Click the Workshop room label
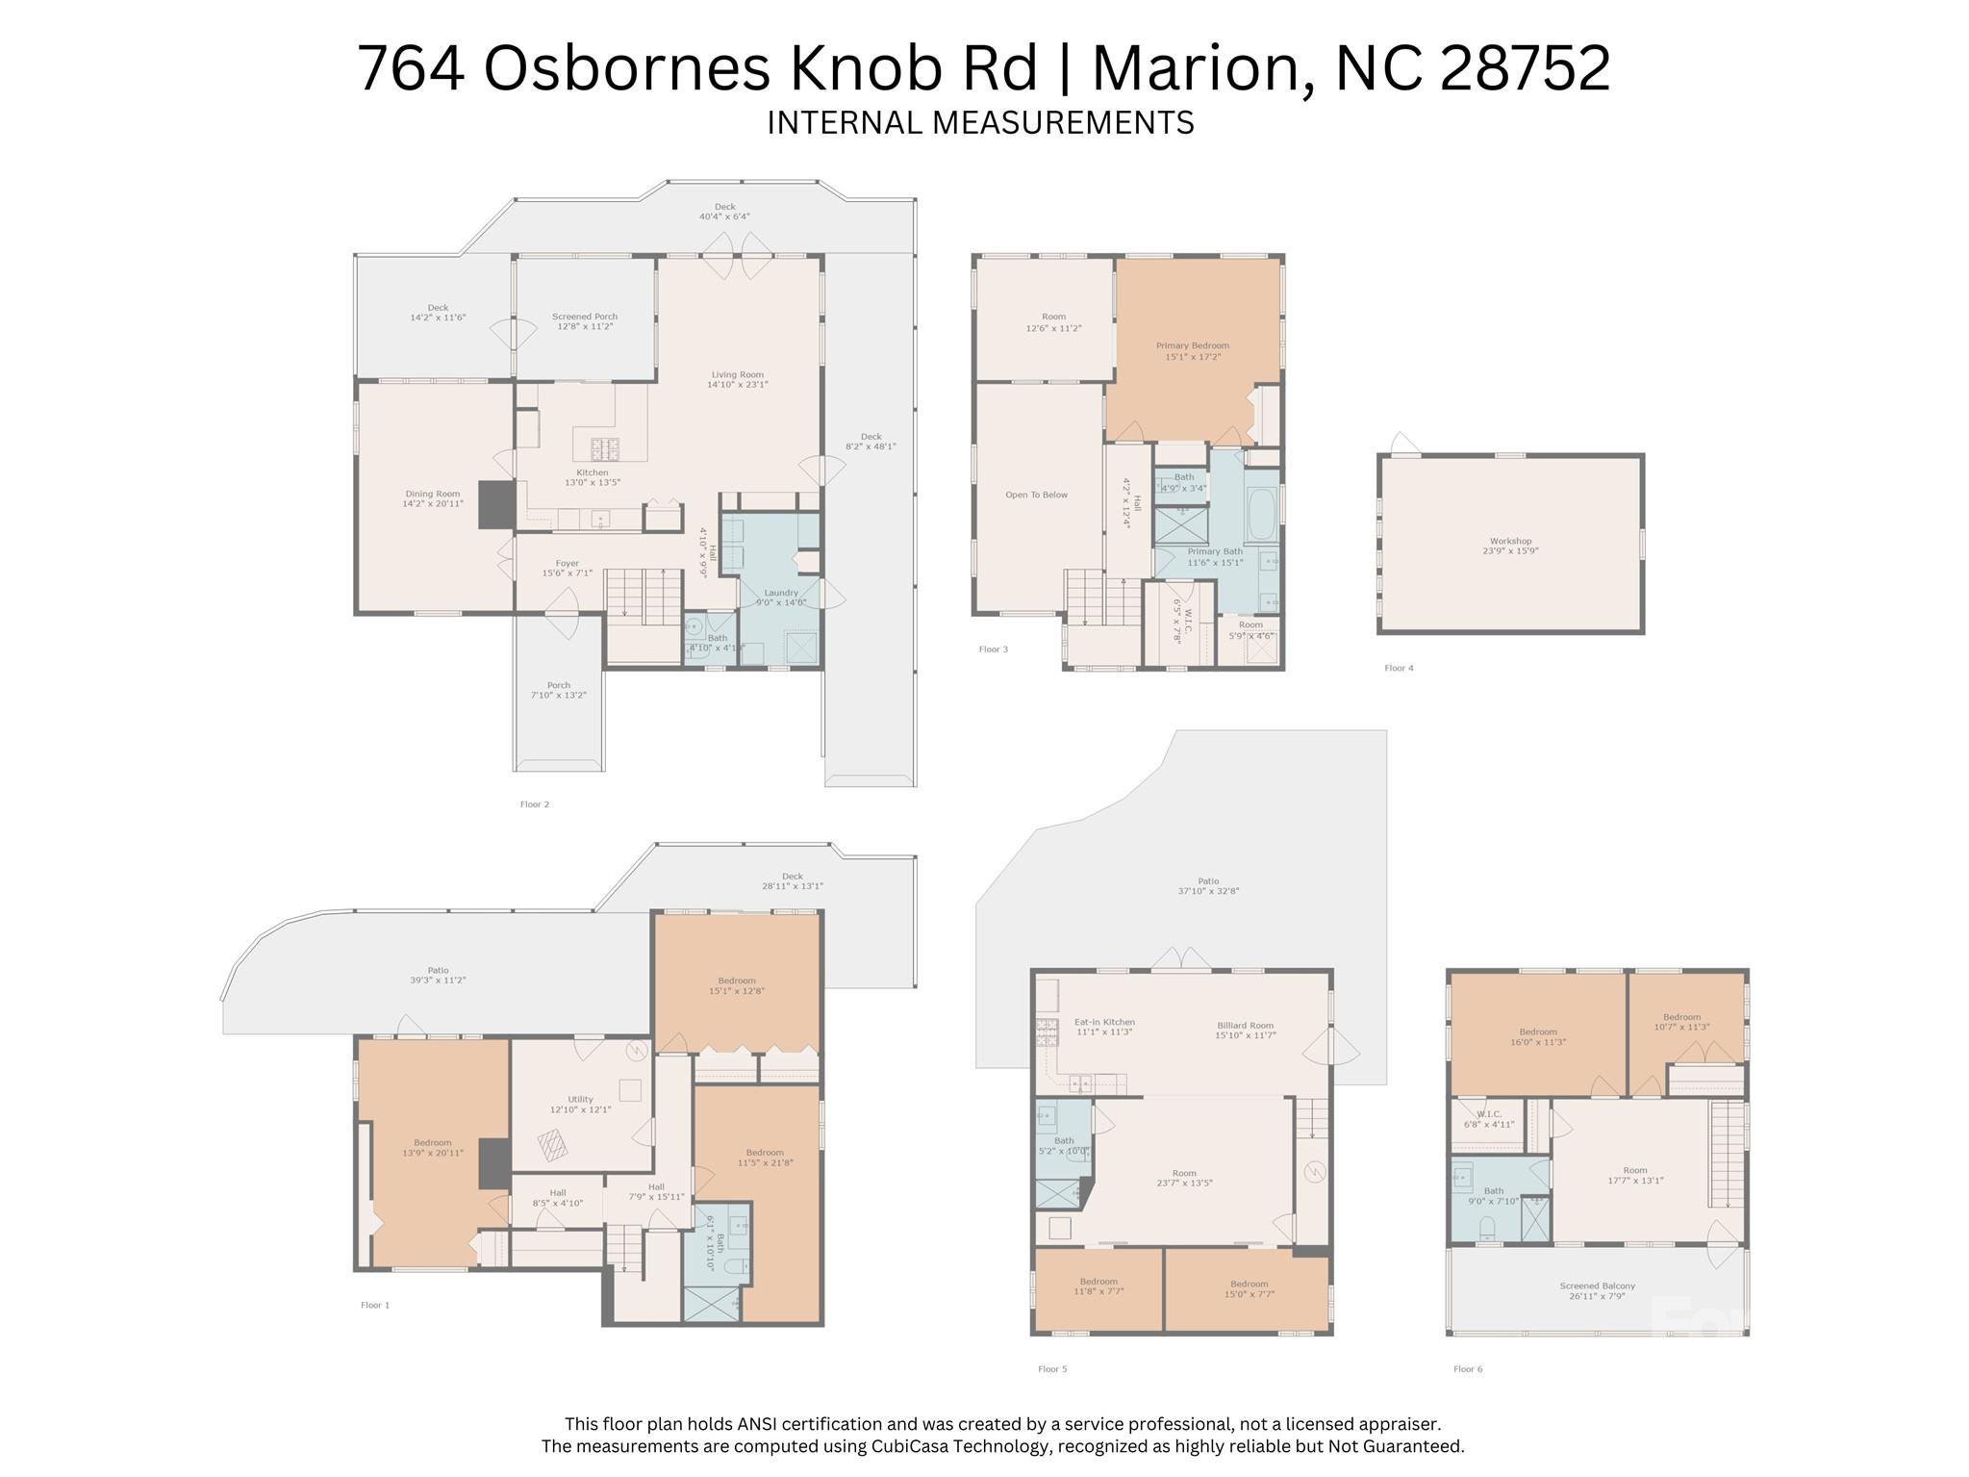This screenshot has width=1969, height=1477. click(1510, 546)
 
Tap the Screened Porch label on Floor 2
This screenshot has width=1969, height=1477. click(584, 321)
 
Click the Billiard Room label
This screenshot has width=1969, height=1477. click(1245, 1030)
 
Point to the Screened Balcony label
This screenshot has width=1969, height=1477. click(1597, 1290)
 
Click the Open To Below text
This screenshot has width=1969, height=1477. click(1036, 495)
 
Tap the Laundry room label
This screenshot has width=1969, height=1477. click(780, 598)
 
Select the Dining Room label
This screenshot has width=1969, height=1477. click(432, 498)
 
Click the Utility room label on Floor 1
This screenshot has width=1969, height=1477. click(580, 1104)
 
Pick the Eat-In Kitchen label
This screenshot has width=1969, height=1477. click(1103, 1027)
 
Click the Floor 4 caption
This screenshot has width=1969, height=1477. click(1399, 668)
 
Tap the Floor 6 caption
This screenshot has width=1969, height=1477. click(1468, 1368)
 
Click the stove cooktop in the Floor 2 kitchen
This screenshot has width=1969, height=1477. click(605, 447)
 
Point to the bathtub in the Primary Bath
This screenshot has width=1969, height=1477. click(1261, 515)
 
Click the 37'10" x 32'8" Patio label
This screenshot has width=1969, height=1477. click(1208, 886)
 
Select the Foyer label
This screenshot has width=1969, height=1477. click(567, 568)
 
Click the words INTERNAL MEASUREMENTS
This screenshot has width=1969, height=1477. click(980, 123)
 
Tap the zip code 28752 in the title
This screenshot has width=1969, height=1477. click(1524, 69)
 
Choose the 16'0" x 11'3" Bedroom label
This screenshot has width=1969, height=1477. click(1538, 1036)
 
